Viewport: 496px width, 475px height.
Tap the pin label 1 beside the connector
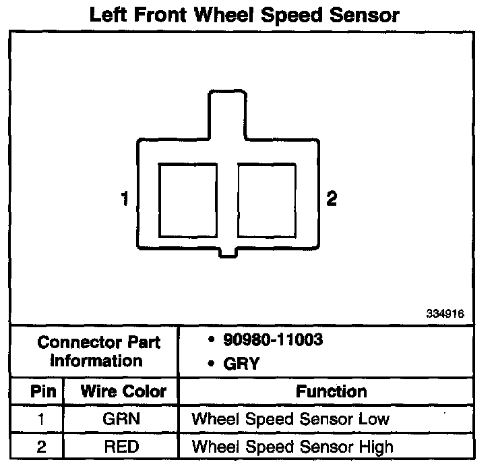tap(125, 199)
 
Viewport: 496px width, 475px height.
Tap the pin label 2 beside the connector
tap(331, 199)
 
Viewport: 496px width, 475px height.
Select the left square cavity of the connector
tap(187, 199)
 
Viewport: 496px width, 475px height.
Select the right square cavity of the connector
tap(267, 199)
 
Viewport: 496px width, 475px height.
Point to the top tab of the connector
tap(226, 115)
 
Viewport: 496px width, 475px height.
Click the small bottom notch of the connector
tap(228, 252)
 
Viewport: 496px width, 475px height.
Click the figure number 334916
tap(445, 314)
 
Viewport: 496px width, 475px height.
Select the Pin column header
tap(37, 392)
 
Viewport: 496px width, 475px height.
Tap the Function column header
tap(332, 392)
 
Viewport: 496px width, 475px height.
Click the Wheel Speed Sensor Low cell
tap(290, 419)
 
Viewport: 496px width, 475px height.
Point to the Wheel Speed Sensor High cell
tap(292, 446)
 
